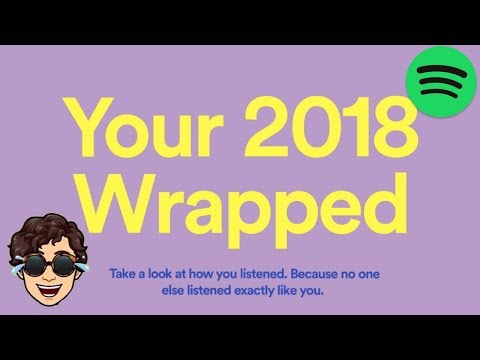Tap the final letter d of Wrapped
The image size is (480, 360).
click(x=366, y=200)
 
